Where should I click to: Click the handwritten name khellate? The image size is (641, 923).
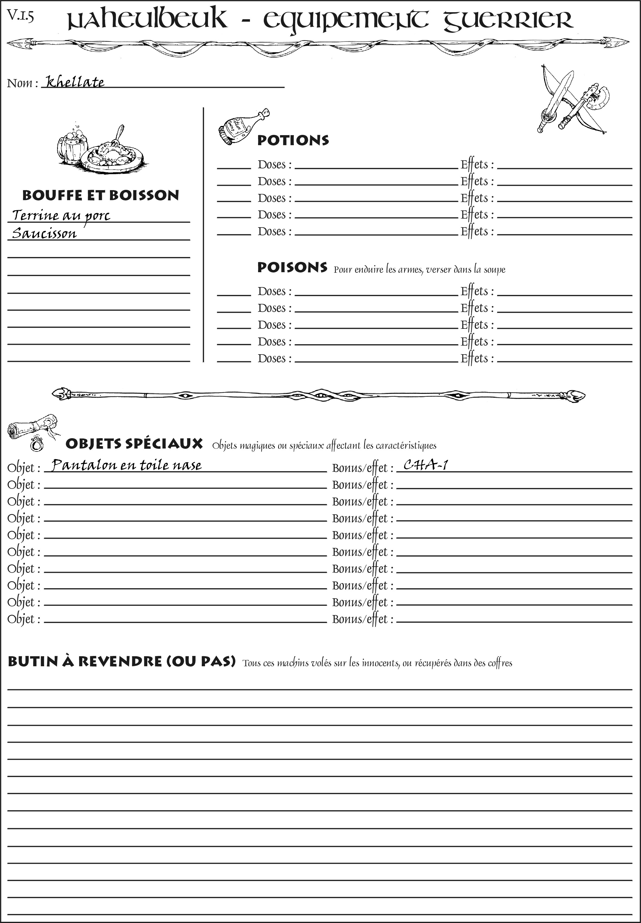pyautogui.click(x=75, y=82)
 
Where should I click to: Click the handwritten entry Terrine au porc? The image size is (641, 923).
pyautogui.click(x=61, y=215)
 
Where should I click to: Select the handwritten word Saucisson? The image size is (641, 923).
pyautogui.click(x=44, y=233)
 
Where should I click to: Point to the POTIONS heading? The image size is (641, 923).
pyautogui.click(x=293, y=140)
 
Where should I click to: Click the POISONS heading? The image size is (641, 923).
pyautogui.click(x=292, y=268)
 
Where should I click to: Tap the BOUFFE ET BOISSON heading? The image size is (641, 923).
pyautogui.click(x=100, y=195)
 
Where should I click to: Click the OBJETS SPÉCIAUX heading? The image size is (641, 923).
pyautogui.click(x=134, y=443)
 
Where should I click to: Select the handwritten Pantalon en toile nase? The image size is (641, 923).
pyautogui.click(x=126, y=465)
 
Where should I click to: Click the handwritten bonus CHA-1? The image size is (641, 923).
pyautogui.click(x=426, y=465)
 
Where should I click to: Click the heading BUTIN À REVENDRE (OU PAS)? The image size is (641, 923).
pyautogui.click(x=121, y=661)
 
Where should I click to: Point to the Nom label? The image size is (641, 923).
pyautogui.click(x=22, y=83)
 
